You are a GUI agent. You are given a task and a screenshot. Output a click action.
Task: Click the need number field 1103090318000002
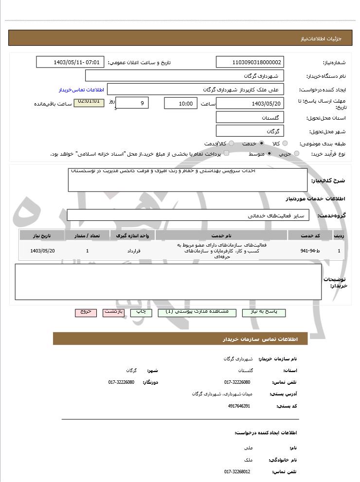tap(250, 62)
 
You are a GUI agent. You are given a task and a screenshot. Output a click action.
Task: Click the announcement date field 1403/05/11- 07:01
tap(70, 62)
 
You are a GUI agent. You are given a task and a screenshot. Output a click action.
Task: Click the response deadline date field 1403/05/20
tap(250, 104)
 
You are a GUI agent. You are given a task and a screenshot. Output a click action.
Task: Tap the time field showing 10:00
tap(180, 104)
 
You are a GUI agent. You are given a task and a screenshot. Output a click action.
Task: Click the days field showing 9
tap(132, 103)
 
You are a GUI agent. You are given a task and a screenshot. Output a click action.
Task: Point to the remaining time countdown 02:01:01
tap(89, 102)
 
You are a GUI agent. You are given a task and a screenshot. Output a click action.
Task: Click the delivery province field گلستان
tap(250, 118)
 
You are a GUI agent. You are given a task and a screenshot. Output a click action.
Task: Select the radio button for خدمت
tap(262, 143)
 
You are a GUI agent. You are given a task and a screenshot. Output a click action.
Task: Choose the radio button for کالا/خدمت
tap(231, 143)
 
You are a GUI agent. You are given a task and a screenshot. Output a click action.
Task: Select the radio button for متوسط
tap(269, 154)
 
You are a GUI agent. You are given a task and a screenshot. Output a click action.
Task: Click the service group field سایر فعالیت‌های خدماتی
tap(188, 215)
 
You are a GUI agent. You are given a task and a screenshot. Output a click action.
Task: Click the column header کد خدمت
tap(310, 235)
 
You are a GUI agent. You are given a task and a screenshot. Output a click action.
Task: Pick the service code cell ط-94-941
tap(310, 251)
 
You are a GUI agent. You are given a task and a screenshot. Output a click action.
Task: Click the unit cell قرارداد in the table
tap(133, 251)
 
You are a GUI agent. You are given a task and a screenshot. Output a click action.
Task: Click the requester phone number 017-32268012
tap(237, 471)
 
